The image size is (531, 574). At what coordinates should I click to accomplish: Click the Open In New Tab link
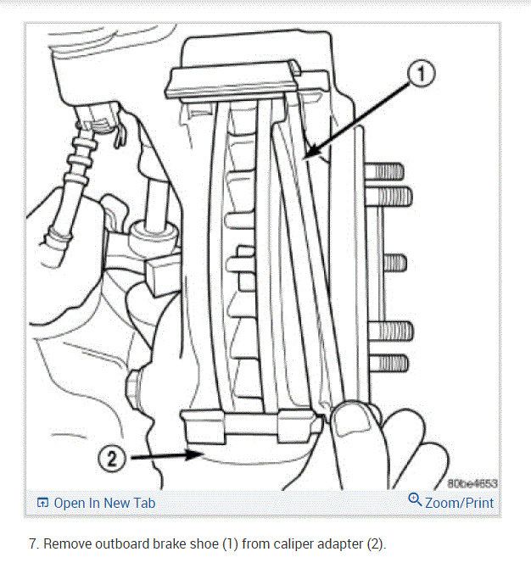click(x=104, y=503)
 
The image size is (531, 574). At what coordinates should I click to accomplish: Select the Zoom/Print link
click(x=458, y=503)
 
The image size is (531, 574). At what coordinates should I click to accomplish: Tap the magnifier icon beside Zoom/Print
click(x=415, y=500)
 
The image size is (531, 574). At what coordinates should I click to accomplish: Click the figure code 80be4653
click(x=472, y=484)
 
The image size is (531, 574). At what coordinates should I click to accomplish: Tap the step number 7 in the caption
click(x=32, y=543)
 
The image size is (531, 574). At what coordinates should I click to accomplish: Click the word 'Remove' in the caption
click(x=68, y=543)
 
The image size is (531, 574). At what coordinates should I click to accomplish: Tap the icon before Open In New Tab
click(x=42, y=503)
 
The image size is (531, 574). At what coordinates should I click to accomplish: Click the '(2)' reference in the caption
click(x=375, y=543)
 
